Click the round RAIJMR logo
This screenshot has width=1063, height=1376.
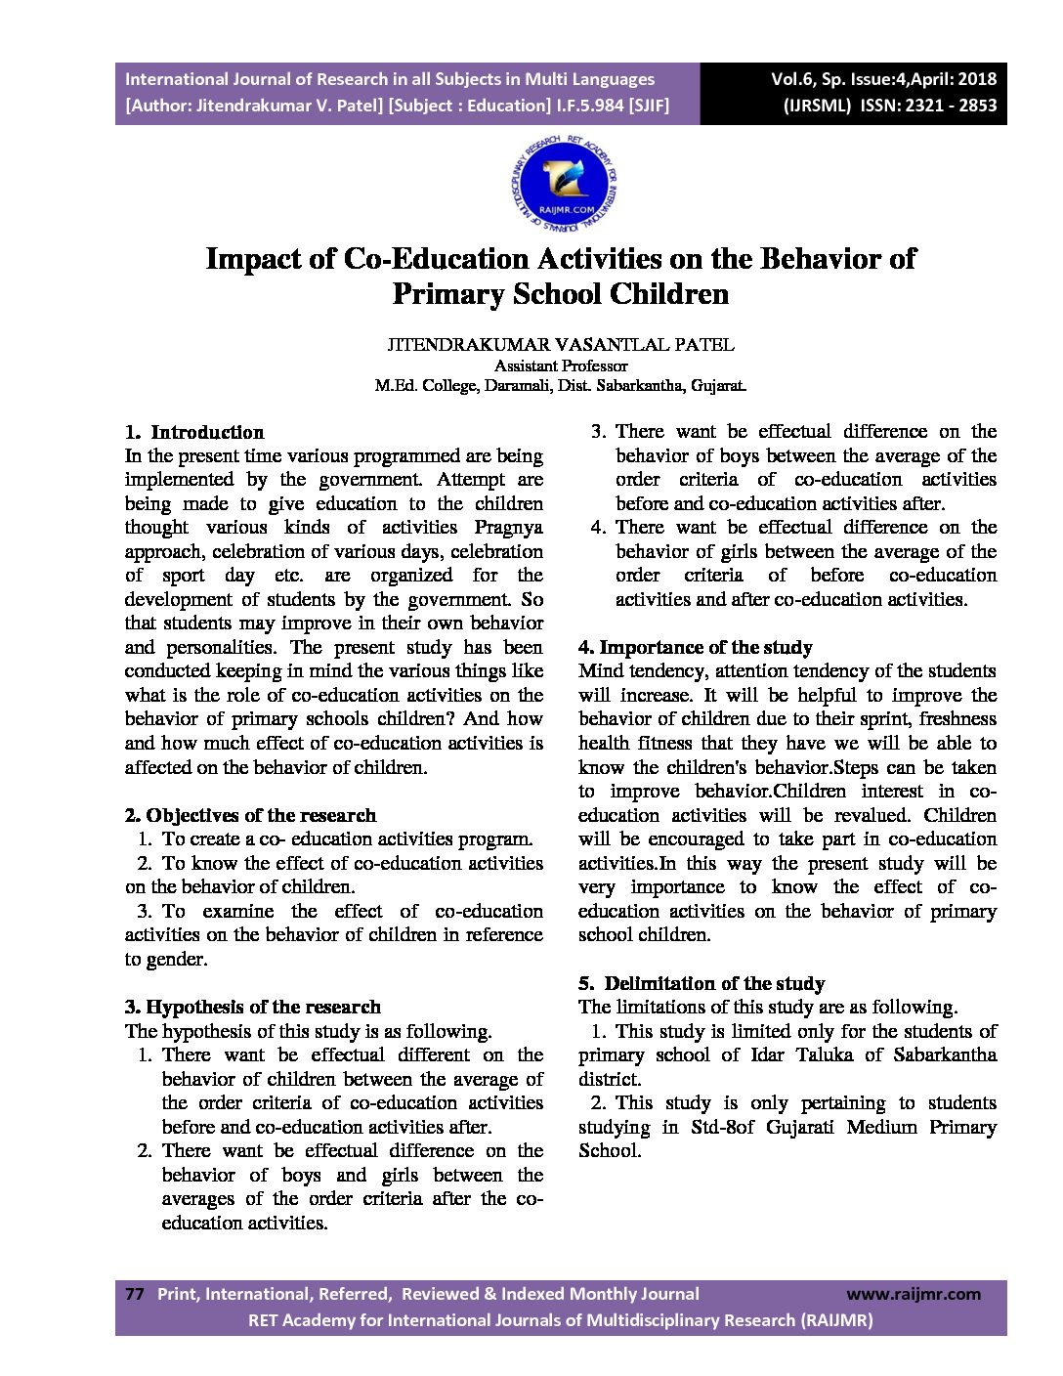click(x=565, y=184)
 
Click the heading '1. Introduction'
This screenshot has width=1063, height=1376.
click(x=194, y=432)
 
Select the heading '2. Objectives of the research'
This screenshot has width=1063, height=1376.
click(x=250, y=815)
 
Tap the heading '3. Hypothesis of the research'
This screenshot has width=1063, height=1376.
click(x=253, y=1007)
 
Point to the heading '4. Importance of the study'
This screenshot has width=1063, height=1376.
click(x=696, y=647)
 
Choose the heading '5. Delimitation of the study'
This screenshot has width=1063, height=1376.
click(x=702, y=983)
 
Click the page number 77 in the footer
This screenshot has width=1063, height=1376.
click(x=135, y=1294)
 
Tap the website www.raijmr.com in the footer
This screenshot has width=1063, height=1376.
click(x=914, y=1294)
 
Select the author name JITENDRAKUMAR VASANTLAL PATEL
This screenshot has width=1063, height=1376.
click(x=561, y=344)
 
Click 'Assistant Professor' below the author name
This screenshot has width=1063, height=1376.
click(x=561, y=365)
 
